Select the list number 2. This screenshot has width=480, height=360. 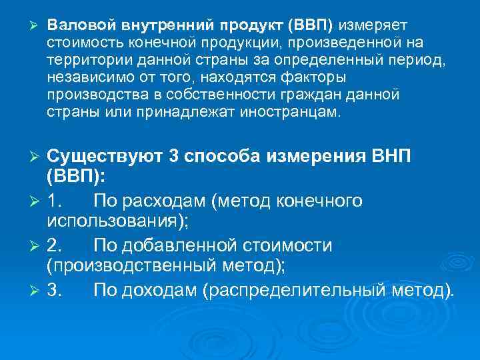pyautogui.click(x=55, y=245)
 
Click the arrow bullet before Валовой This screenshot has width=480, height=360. pyautogui.click(x=27, y=25)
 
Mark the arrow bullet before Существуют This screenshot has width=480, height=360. pyautogui.click(x=37, y=157)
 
